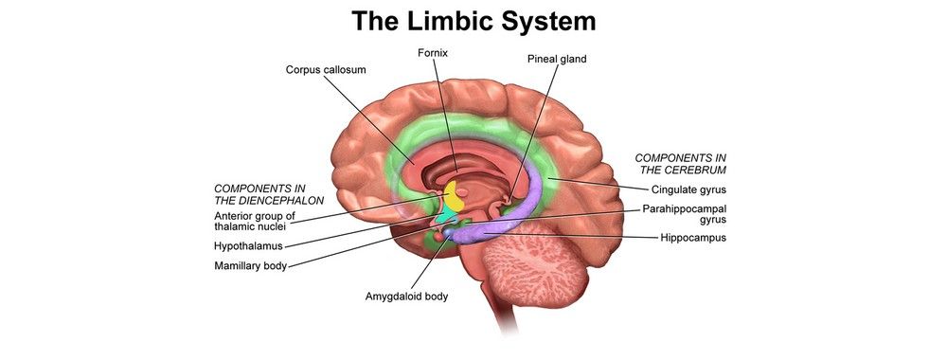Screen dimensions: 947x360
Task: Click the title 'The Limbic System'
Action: click(473, 22)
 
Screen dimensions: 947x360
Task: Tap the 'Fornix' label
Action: click(433, 53)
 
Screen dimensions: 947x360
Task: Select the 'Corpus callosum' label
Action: click(326, 70)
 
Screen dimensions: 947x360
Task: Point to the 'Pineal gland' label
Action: click(557, 59)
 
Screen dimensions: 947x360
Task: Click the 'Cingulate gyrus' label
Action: click(688, 189)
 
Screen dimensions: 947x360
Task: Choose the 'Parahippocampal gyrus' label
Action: click(685, 214)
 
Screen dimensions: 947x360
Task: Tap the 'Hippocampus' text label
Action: click(693, 238)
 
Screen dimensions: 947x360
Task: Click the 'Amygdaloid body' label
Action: click(406, 297)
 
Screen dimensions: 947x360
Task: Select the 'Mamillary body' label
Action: click(251, 266)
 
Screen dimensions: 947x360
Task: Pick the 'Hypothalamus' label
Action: click(249, 246)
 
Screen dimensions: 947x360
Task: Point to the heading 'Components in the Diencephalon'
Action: click(269, 194)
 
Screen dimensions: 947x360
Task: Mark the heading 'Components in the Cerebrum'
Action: click(680, 164)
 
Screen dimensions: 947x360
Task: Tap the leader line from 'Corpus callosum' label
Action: click(369, 119)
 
